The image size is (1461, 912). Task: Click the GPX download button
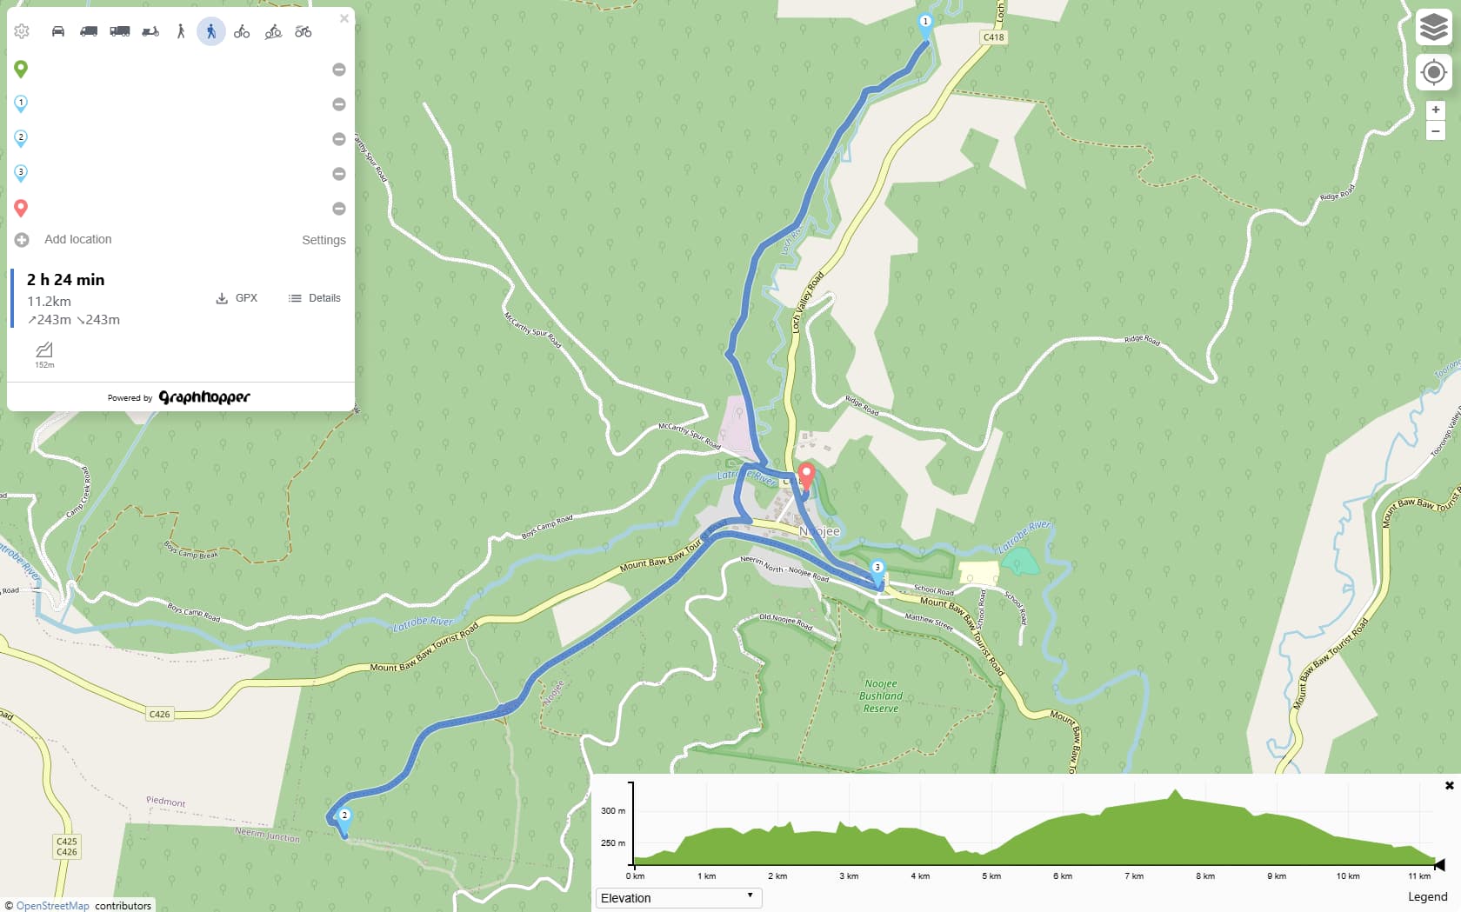237,298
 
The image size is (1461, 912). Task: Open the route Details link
315,298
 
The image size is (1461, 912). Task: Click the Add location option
77,239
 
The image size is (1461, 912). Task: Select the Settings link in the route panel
324,240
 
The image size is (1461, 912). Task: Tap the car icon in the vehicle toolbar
58,31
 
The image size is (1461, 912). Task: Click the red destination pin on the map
806,476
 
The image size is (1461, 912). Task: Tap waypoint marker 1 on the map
925,23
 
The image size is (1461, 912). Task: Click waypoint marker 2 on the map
344,817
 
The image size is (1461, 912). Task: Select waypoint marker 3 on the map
877,569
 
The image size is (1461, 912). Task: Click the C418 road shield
993,37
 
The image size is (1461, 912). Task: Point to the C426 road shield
160,714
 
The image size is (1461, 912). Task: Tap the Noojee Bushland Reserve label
881,696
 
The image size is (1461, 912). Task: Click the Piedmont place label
165,801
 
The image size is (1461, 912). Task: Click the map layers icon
1434,27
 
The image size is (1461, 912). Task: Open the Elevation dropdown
678,898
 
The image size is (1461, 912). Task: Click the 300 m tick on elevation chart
613,810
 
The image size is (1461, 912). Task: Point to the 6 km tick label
1062,876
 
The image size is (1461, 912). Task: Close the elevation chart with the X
1449,785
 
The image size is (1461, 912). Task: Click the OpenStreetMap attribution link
52,906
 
